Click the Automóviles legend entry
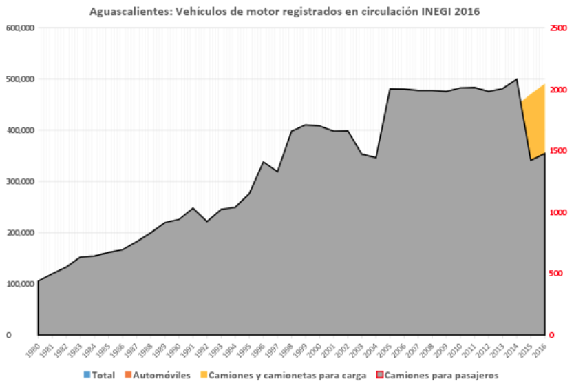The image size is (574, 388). pos(157,376)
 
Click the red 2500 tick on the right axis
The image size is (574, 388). pos(558,28)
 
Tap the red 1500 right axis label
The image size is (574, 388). pos(558,151)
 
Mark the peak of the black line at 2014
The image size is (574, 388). pos(517,79)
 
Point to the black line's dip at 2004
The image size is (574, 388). pos(376,158)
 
